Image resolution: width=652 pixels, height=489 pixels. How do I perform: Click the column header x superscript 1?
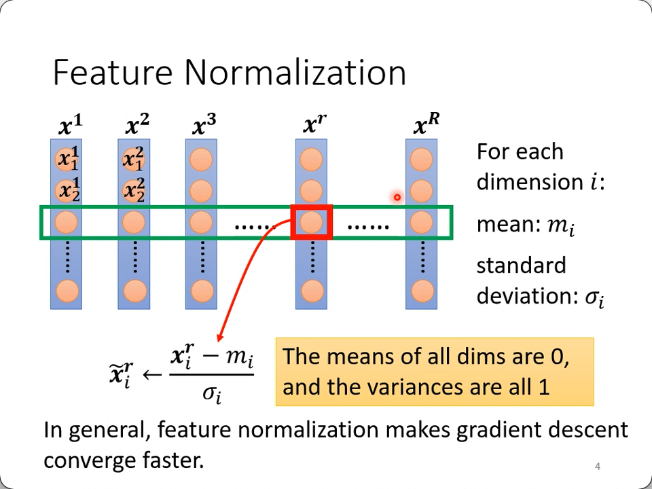tap(70, 126)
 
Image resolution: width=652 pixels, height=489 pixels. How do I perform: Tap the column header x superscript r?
tap(312, 126)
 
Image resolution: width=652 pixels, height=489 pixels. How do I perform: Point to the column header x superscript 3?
tap(204, 126)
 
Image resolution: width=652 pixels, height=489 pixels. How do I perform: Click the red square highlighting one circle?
tap(312, 222)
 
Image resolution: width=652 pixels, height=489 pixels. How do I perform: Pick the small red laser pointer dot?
tap(397, 198)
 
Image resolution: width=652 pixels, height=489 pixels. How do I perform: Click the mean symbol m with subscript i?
tap(561, 225)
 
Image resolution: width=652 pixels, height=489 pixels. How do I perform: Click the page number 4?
tap(598, 466)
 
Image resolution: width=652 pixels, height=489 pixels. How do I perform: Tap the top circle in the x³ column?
tap(202, 160)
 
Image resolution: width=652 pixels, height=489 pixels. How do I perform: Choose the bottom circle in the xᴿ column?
tap(422, 291)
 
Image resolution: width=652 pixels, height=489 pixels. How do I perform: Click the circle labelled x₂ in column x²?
tap(134, 192)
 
